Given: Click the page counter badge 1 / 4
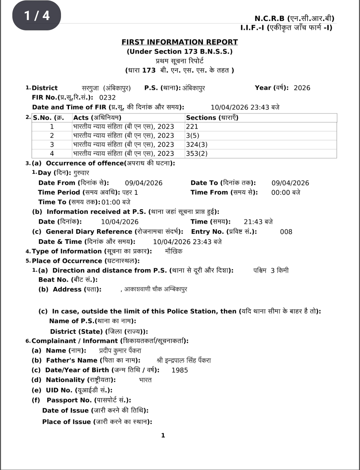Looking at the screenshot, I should (x=37, y=15).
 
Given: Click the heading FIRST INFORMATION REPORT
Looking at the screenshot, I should (x=180, y=42).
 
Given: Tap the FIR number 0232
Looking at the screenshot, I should (x=107, y=98).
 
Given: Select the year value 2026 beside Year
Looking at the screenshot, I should (x=302, y=88).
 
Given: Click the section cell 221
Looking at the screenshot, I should (x=192, y=127).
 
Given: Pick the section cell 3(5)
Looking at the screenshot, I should (x=193, y=136).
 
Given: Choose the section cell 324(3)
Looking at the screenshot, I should (x=197, y=145).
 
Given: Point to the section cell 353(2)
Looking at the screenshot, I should (x=197, y=154).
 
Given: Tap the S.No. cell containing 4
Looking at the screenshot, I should (x=52, y=154).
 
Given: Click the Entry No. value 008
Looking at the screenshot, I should (x=286, y=232).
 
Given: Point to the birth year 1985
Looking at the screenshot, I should (x=180, y=370).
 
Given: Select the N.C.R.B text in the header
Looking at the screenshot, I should (x=269, y=18).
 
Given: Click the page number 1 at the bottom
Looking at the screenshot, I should (x=163, y=435).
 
